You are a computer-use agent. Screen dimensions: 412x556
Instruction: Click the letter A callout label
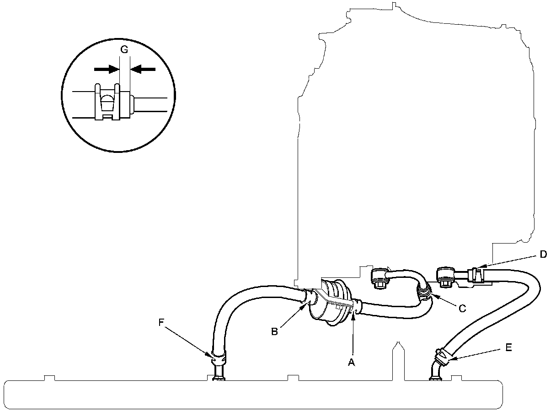(x=351, y=362)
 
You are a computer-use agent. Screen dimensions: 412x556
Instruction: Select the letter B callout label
(x=274, y=331)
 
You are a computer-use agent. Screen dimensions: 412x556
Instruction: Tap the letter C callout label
(x=462, y=309)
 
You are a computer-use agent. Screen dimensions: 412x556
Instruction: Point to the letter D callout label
(x=543, y=255)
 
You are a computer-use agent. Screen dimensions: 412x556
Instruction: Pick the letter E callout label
(x=508, y=348)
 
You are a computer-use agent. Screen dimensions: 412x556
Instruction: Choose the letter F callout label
(x=161, y=322)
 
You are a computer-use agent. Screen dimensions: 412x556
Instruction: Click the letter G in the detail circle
(x=124, y=50)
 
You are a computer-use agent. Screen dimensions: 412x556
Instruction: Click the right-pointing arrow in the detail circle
(x=106, y=69)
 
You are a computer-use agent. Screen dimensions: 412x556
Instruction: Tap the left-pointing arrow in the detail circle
(x=143, y=69)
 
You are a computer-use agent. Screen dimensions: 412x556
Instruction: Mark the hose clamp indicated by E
(x=443, y=355)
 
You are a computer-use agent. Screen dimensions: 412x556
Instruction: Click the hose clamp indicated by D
(x=476, y=274)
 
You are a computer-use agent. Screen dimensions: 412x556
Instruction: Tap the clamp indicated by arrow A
(x=356, y=306)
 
